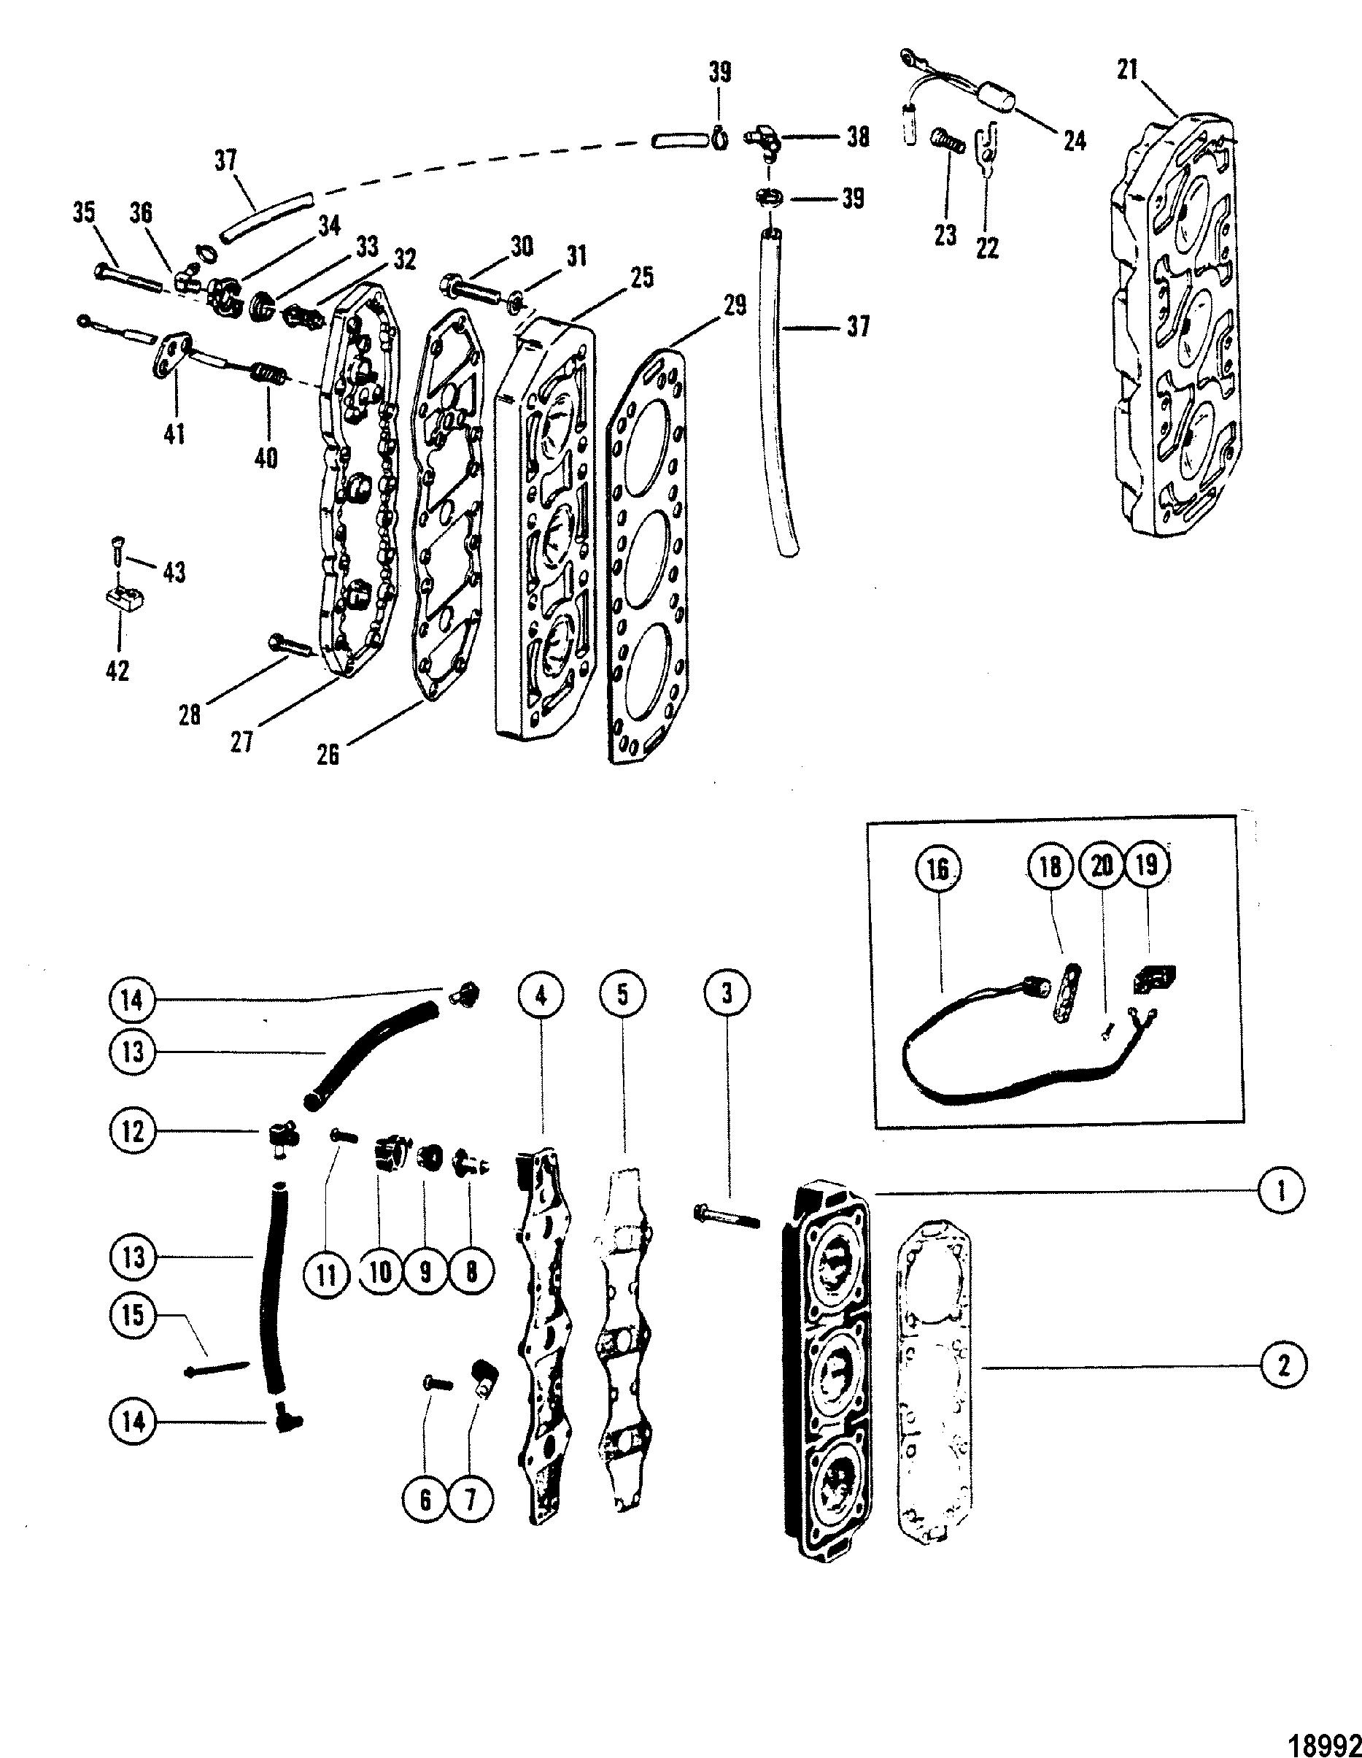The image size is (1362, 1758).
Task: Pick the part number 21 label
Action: (1128, 70)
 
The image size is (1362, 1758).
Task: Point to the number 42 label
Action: (117, 670)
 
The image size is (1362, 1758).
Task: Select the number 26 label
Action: (328, 753)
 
